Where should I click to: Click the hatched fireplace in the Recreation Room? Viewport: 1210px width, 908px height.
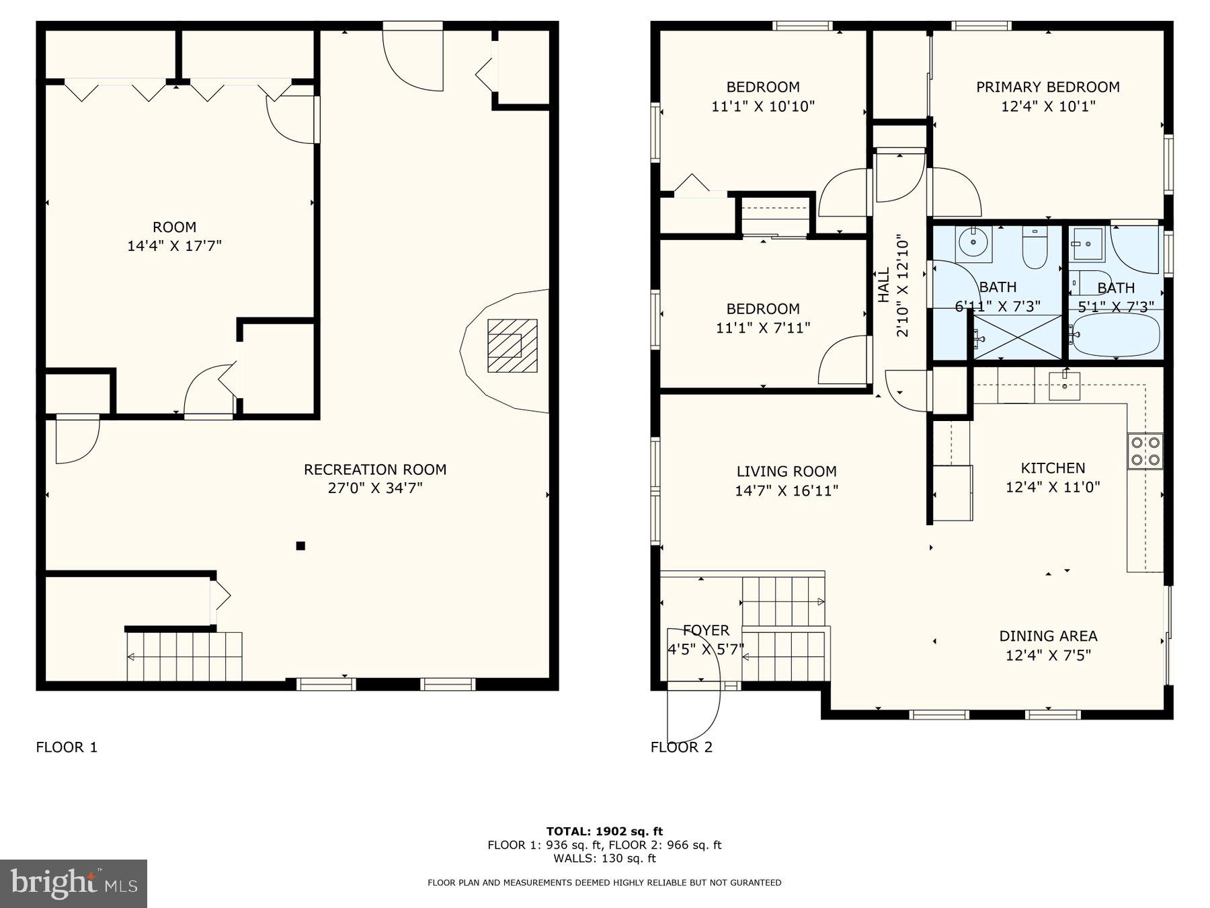pos(512,346)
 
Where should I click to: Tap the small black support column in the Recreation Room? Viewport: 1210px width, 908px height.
pos(300,545)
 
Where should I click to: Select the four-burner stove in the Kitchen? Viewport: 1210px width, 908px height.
pos(1145,451)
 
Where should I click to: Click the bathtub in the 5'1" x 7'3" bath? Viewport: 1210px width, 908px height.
pos(1116,335)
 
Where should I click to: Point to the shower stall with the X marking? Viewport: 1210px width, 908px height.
pos(1016,337)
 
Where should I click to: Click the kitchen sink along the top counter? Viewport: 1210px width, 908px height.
pos(1065,386)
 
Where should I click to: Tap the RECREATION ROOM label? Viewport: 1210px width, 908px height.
pos(374,469)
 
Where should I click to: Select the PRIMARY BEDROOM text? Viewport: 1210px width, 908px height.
pos(1047,87)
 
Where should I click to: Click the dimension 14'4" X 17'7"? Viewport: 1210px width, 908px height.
pos(174,246)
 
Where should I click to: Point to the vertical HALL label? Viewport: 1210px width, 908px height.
pos(883,285)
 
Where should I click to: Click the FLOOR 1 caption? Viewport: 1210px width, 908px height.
pos(67,747)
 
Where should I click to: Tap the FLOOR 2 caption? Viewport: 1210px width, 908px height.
pos(681,747)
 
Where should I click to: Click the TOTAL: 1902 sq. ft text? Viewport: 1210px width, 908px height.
pos(604,831)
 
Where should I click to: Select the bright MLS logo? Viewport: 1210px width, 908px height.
pos(73,883)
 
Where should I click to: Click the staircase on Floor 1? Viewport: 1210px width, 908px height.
pos(184,656)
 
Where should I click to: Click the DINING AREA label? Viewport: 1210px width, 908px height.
pos(1048,636)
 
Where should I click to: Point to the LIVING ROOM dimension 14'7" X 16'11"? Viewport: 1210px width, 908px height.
pos(786,491)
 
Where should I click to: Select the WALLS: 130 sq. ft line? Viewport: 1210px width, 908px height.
pos(604,858)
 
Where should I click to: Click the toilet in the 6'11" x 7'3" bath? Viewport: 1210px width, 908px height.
pos(1035,248)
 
